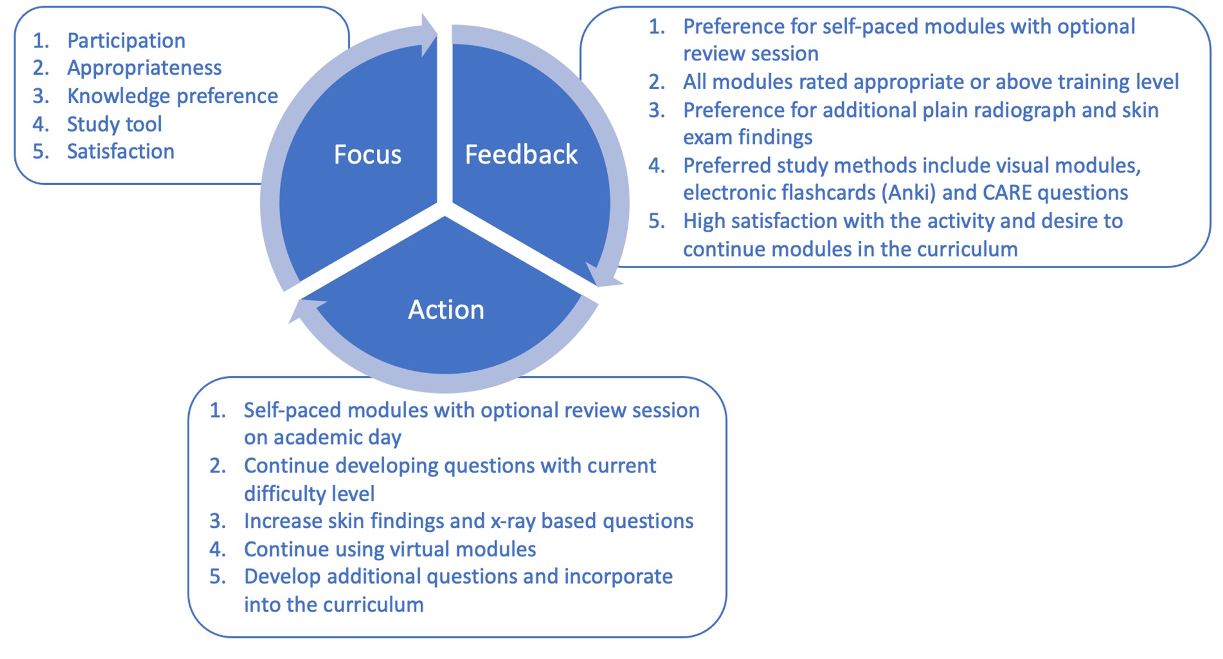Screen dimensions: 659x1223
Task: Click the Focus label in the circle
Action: tap(367, 155)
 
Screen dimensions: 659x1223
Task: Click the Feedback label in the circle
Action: tap(521, 155)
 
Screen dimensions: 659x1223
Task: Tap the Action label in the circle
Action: tap(446, 310)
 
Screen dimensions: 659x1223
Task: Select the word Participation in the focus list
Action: tap(126, 41)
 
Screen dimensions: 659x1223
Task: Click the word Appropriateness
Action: tap(144, 68)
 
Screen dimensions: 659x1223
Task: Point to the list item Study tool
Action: tap(114, 124)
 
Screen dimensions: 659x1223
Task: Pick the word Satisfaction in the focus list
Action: tap(120, 151)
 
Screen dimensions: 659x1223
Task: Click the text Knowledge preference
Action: tap(172, 96)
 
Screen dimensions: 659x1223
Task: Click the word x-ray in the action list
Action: tap(511, 521)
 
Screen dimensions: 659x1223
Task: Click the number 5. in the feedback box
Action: tap(657, 221)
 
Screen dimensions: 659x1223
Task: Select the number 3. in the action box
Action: tap(218, 521)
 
